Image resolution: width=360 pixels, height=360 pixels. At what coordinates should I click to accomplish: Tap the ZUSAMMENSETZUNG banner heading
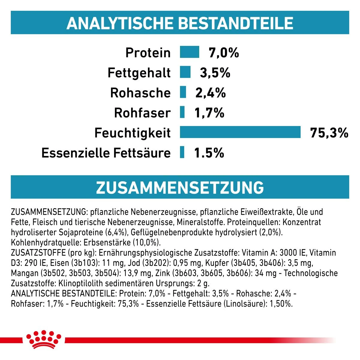pyautogui.click(x=180, y=187)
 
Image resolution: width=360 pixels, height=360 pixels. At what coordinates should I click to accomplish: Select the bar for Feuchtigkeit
pyautogui.click(x=240, y=132)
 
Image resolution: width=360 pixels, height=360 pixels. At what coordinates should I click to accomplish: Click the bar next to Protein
pyautogui.click(x=189, y=52)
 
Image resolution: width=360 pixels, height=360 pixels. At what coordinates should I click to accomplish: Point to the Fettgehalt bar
pyautogui.click(x=185, y=72)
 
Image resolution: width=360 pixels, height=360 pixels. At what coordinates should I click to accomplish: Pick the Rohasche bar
pyautogui.click(x=183, y=92)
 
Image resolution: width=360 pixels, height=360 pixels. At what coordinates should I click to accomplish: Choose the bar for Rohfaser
pyautogui.click(x=182, y=112)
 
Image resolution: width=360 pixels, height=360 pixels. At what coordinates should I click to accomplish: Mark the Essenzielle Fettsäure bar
pyautogui.click(x=182, y=152)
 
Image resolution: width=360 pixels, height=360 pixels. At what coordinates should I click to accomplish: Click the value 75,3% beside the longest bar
pyautogui.click(x=329, y=133)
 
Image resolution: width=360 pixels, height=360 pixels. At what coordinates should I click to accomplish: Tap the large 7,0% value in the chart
pyautogui.click(x=224, y=53)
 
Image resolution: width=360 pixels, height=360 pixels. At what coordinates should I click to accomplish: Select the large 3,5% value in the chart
pyautogui.click(x=215, y=73)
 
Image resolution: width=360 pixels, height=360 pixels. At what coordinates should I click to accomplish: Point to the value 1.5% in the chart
pyautogui.click(x=209, y=153)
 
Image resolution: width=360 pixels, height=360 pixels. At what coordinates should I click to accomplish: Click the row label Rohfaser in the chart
pyautogui.click(x=142, y=113)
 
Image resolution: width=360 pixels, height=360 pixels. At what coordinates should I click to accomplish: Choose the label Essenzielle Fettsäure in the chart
pyautogui.click(x=106, y=153)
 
